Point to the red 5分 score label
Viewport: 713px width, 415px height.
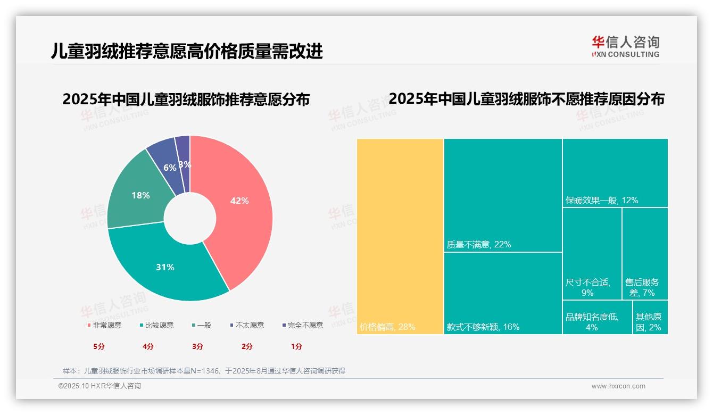(x=99, y=346)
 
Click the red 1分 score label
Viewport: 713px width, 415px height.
(x=296, y=346)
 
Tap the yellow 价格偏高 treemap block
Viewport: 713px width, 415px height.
(x=400, y=236)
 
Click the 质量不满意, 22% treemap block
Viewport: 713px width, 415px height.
(x=503, y=195)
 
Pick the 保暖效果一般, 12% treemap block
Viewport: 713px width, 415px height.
(x=615, y=172)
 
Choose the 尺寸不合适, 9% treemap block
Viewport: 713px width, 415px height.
(x=592, y=253)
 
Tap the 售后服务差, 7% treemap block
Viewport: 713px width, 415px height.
(x=645, y=253)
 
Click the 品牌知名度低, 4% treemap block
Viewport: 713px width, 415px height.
(x=597, y=317)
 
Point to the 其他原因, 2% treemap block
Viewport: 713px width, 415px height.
(x=650, y=317)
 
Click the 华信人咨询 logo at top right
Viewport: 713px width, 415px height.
(x=625, y=46)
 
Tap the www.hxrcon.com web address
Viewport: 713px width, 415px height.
(x=618, y=386)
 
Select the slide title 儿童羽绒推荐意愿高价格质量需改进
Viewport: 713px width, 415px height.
(x=187, y=51)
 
